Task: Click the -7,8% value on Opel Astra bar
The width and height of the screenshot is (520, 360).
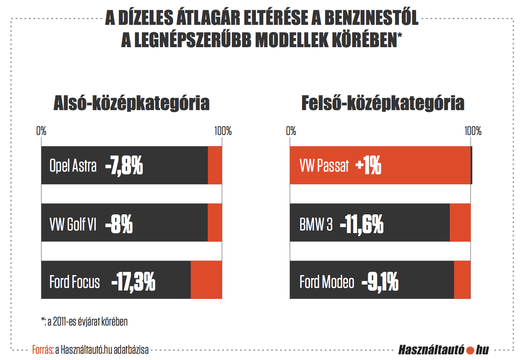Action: (x=124, y=166)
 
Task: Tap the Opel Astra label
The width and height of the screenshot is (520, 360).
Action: (x=73, y=166)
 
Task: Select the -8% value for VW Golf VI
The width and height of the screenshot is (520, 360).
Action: (x=119, y=224)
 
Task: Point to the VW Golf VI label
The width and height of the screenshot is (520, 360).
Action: (x=73, y=224)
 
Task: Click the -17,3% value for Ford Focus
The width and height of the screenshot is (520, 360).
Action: (x=133, y=282)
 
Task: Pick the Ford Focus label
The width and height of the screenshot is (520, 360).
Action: (x=75, y=282)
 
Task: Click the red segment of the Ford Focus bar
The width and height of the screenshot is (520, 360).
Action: (x=206, y=280)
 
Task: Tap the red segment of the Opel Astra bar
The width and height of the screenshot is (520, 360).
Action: (x=215, y=165)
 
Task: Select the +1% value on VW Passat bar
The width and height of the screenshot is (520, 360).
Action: (x=368, y=165)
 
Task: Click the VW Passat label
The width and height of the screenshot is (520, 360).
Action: (x=324, y=166)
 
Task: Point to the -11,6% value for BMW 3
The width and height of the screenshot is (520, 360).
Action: (x=362, y=224)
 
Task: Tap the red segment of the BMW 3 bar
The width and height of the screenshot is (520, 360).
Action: (x=460, y=223)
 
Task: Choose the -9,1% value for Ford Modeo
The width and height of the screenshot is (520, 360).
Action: (x=380, y=282)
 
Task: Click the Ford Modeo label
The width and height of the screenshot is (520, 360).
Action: (x=327, y=282)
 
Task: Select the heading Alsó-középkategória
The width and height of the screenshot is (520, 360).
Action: (x=132, y=103)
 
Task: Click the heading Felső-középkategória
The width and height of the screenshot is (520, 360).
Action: (x=383, y=103)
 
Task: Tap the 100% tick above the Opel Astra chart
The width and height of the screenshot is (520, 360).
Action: (x=223, y=131)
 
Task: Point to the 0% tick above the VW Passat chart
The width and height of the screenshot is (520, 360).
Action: (x=291, y=131)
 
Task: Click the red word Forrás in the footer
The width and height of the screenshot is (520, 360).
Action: (x=43, y=350)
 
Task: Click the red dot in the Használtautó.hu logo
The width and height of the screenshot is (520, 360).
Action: (x=470, y=350)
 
